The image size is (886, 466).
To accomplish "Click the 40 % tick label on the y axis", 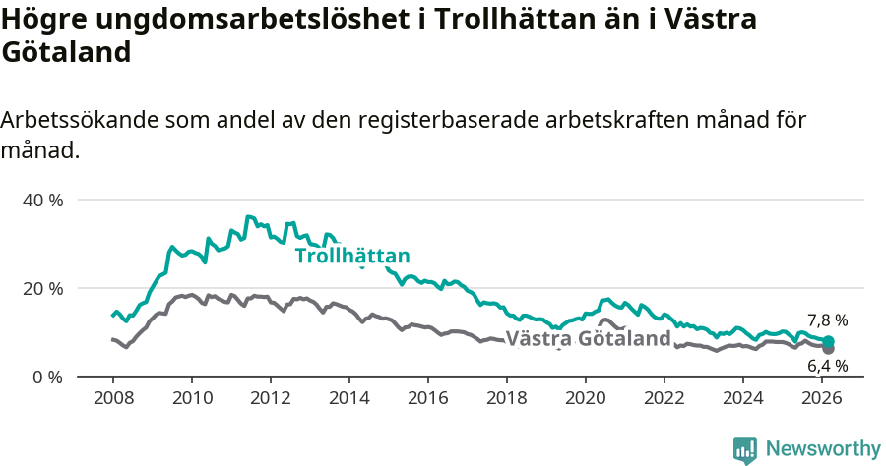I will pyautogui.click(x=41, y=200).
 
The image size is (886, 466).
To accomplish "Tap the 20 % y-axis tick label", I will pyautogui.click(x=41, y=288).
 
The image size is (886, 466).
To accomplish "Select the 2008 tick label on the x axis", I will pyautogui.click(x=113, y=397).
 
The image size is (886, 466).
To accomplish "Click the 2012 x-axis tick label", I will pyautogui.click(x=271, y=397).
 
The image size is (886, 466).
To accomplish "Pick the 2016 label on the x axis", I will pyautogui.click(x=428, y=397).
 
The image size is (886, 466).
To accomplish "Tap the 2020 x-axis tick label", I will pyautogui.click(x=586, y=397).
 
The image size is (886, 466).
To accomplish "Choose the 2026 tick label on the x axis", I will pyautogui.click(x=822, y=397).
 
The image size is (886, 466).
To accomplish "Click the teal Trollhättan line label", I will pyautogui.click(x=352, y=257).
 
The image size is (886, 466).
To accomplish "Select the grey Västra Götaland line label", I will pyautogui.click(x=588, y=339).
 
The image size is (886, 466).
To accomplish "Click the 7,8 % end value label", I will pyautogui.click(x=827, y=320).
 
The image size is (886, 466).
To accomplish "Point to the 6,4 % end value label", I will pyautogui.click(x=827, y=366).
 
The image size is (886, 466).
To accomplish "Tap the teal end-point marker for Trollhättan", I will pyautogui.click(x=828, y=341).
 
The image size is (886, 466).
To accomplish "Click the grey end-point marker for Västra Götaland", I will pyautogui.click(x=828, y=348).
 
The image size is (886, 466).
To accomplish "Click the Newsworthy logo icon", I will pyautogui.click(x=745, y=449).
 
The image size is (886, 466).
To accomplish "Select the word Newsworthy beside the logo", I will pyautogui.click(x=822, y=449).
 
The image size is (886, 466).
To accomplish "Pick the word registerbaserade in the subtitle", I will pyautogui.click(x=452, y=120).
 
